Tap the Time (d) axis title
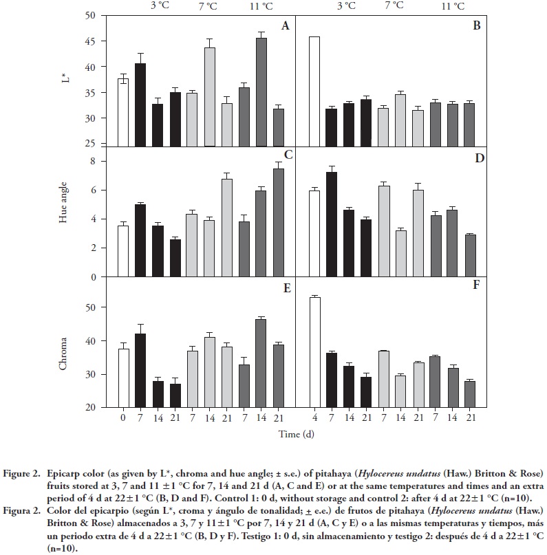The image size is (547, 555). coord(296,434)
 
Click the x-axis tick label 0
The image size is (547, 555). coord(123,417)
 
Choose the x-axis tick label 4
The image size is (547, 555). coord(314,417)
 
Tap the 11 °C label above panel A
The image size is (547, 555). coord(261,6)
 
